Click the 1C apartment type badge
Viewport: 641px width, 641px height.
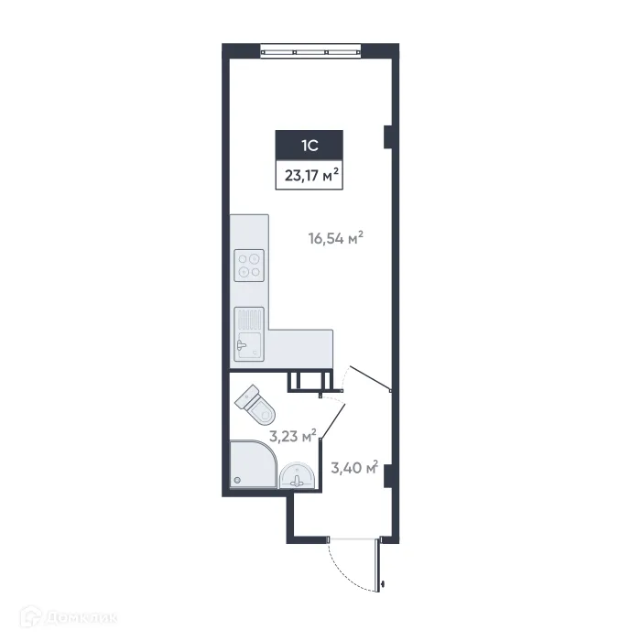coord(310,145)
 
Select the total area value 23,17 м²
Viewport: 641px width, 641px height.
coord(310,174)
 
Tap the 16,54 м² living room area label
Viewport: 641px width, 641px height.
coord(335,240)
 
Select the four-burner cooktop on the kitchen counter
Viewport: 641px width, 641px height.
coord(249,266)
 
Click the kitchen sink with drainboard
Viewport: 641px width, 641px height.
coord(248,333)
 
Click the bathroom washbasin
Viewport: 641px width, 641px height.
coord(298,475)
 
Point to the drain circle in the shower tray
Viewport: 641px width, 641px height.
coord(237,480)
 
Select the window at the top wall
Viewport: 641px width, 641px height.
coord(310,51)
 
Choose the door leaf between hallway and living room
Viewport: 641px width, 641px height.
coord(370,379)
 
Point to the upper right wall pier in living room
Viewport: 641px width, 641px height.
coord(387,136)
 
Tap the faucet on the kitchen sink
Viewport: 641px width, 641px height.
coord(241,345)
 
